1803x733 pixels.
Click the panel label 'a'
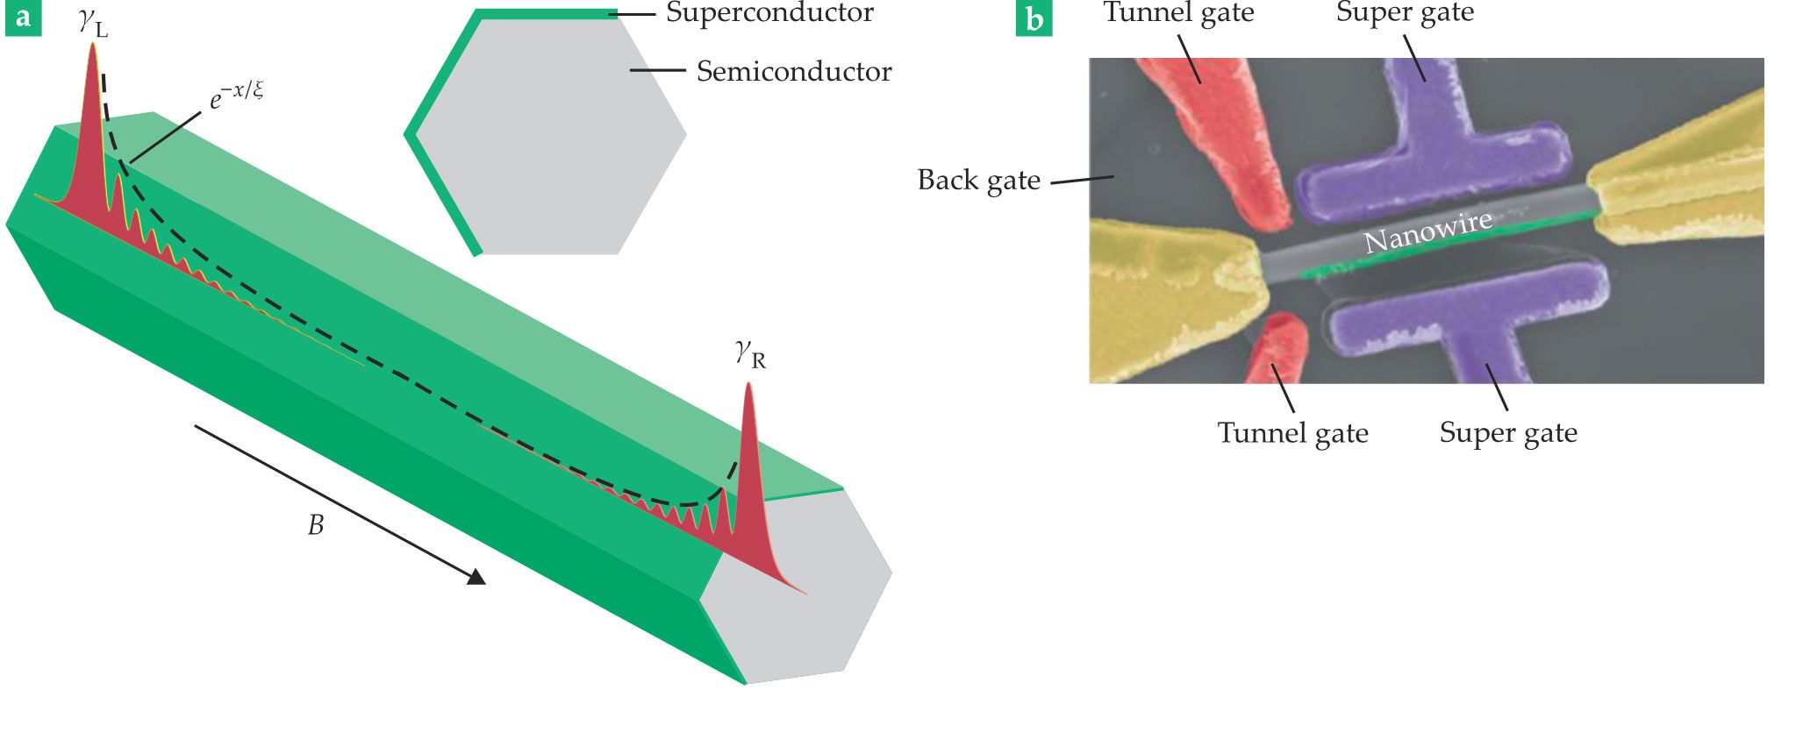point(22,18)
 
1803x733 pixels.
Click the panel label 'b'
point(1034,18)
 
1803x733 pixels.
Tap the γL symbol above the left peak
point(93,23)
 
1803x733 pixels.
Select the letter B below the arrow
point(316,525)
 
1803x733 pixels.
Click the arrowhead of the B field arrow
point(476,576)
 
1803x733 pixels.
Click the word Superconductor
point(769,13)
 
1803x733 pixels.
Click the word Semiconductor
point(794,72)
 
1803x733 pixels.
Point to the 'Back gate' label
point(978,181)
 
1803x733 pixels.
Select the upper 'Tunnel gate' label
point(1178,13)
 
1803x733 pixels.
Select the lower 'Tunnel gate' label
point(1292,433)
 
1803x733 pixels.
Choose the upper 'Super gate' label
point(1405,13)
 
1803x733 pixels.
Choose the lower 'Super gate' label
point(1508,433)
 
